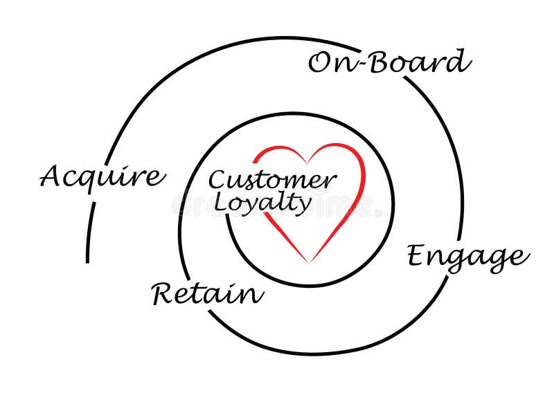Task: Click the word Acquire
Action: click(102, 177)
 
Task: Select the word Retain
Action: click(208, 294)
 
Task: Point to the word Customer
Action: click(272, 181)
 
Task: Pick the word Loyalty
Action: click(262, 203)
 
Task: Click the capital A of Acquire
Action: click(51, 176)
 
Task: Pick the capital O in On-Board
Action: click(320, 63)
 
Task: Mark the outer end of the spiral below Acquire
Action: click(88, 262)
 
